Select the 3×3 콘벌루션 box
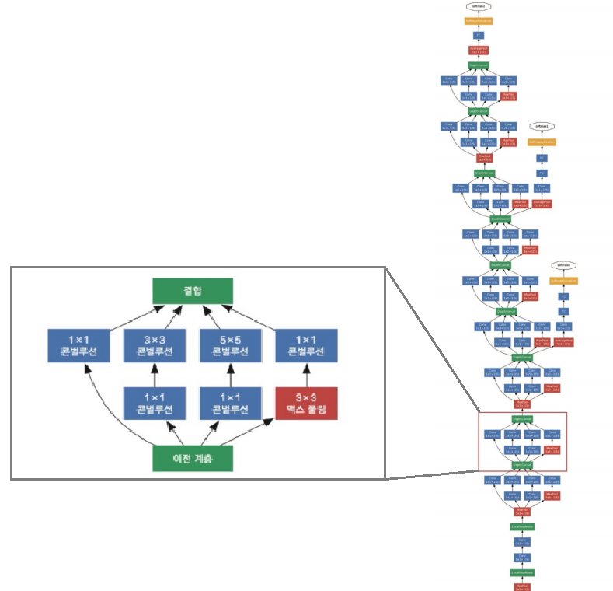154,346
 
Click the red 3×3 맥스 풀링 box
306,403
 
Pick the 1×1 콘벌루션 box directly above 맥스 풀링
306,346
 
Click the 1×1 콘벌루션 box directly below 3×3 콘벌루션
154,403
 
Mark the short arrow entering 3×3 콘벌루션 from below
154,374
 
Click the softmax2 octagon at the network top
479,5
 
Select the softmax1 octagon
542,125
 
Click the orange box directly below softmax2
479,20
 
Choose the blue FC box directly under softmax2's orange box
479,35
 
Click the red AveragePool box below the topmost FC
479,50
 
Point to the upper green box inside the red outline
522,419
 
